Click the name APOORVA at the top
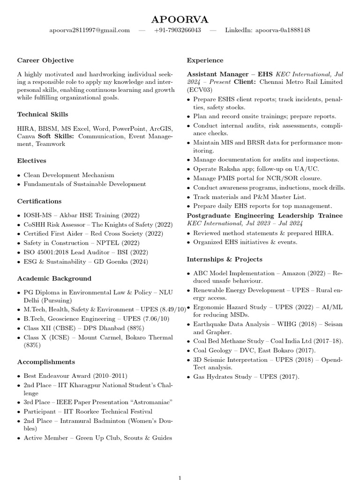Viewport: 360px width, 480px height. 180,19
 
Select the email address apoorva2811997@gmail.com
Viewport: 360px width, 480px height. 90,30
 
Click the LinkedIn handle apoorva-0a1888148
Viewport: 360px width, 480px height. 281,30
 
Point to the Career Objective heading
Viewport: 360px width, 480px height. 45,60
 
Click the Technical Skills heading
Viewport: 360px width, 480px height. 43,114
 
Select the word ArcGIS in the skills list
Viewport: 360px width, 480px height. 160,128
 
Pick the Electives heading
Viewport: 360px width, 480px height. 31,161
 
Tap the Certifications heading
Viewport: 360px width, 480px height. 39,202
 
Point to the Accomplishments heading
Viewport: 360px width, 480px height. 46,362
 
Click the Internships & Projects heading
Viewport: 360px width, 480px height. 225,259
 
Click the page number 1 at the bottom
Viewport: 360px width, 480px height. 180,477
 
